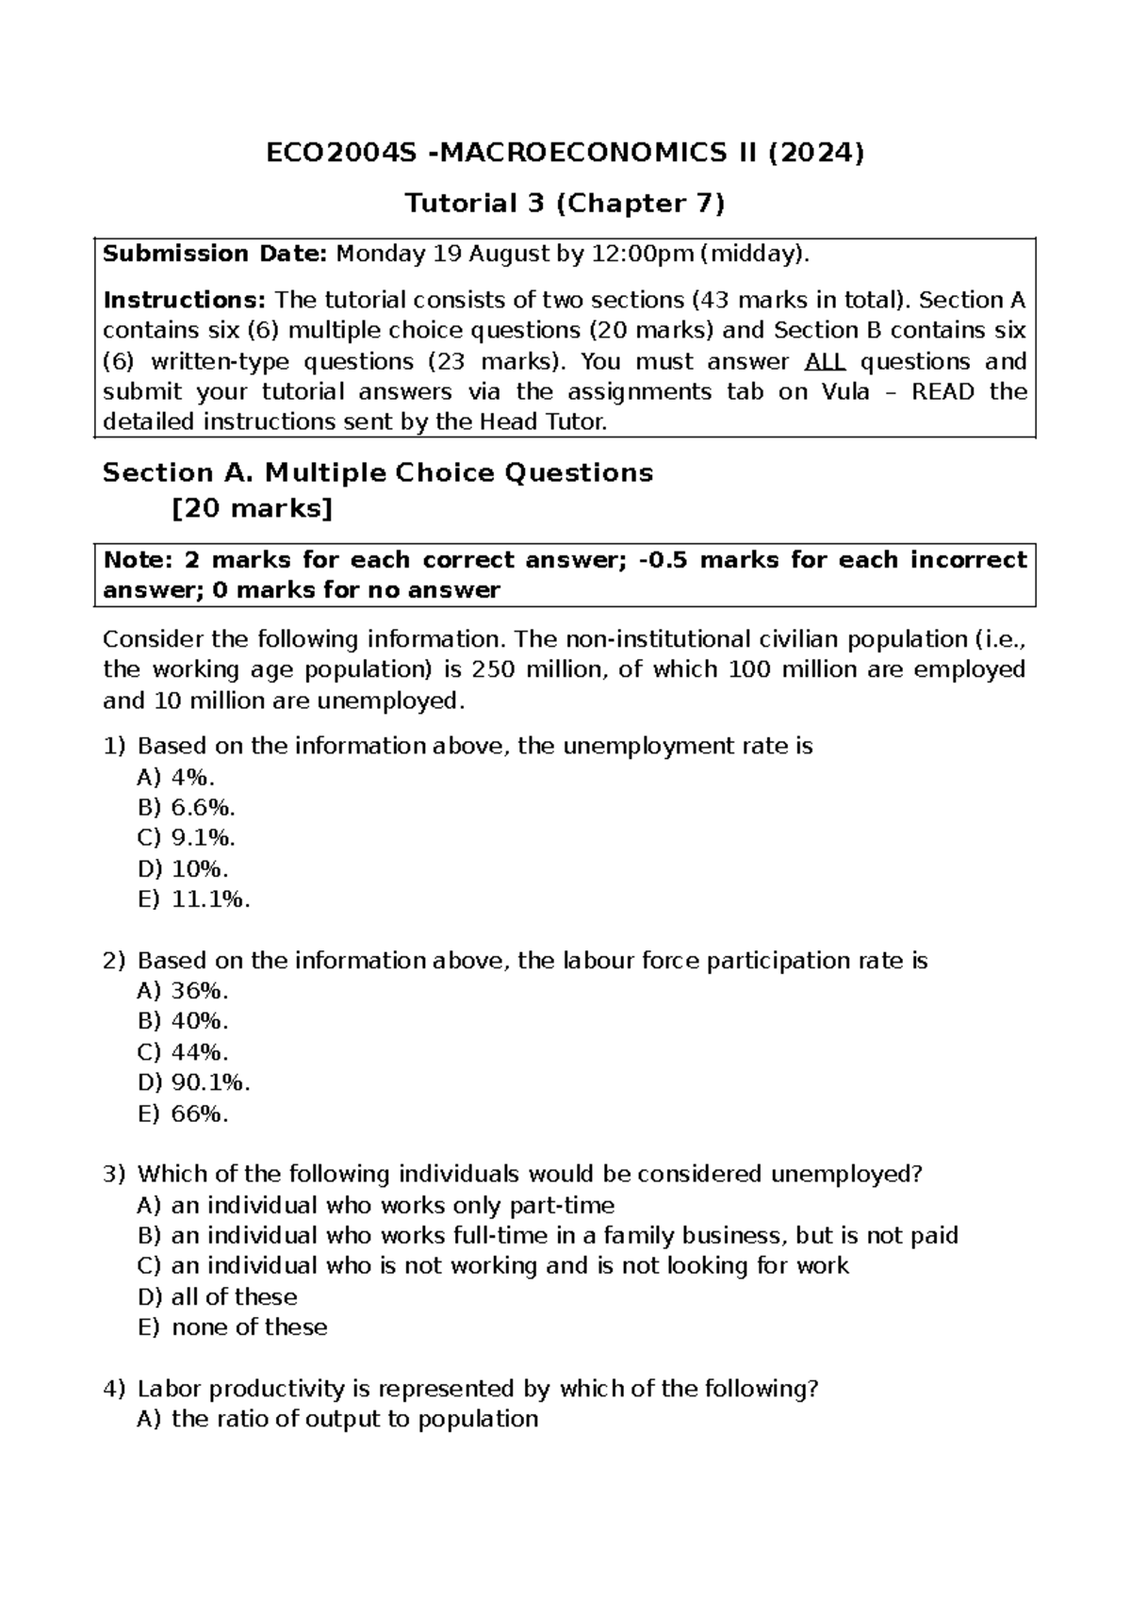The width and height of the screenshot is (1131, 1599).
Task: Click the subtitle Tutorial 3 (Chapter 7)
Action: point(565,203)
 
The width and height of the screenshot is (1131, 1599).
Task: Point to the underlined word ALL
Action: point(825,362)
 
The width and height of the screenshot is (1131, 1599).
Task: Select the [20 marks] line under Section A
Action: point(253,509)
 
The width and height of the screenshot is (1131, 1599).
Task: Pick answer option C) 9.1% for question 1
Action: point(187,837)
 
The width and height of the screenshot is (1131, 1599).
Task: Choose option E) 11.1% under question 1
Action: point(194,898)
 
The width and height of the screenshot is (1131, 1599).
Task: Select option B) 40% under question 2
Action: point(183,1021)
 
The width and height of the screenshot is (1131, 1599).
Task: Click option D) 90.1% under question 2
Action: point(194,1081)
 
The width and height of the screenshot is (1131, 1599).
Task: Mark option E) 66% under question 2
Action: point(183,1113)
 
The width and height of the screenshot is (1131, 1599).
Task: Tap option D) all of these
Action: point(217,1296)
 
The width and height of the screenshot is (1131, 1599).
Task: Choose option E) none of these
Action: point(232,1327)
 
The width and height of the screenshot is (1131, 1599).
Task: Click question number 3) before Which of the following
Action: point(114,1174)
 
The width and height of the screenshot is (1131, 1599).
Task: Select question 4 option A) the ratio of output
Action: point(337,1419)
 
